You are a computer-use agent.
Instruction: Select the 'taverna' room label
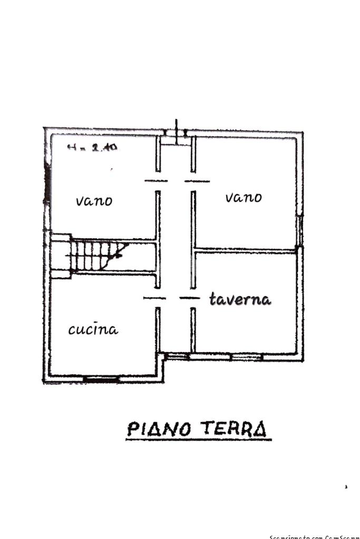click(240, 299)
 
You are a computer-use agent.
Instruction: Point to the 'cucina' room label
click(93, 330)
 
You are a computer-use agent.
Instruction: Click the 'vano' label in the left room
click(94, 201)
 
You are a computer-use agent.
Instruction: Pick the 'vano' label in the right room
click(244, 198)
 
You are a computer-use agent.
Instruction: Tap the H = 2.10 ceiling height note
click(93, 148)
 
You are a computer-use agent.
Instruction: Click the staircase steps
click(98, 256)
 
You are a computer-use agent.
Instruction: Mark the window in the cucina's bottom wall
click(101, 378)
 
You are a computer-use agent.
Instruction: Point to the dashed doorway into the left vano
click(157, 181)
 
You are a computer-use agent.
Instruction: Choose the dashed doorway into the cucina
click(155, 298)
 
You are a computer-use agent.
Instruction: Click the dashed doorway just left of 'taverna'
click(189, 298)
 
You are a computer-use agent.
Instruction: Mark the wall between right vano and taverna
click(245, 249)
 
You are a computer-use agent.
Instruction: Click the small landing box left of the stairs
click(61, 256)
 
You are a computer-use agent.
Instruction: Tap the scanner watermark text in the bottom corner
click(314, 536)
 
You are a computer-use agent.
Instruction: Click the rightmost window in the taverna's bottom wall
click(247, 357)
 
